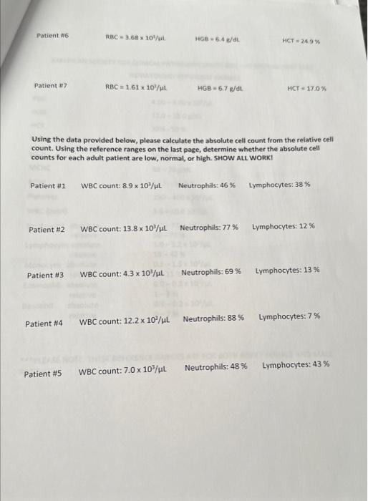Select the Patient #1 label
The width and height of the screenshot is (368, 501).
pyautogui.click(x=48, y=185)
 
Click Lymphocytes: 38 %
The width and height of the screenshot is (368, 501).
pyautogui.click(x=279, y=185)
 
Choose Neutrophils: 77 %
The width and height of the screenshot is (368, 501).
pyautogui.click(x=209, y=228)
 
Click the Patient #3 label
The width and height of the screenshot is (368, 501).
pyautogui.click(x=45, y=275)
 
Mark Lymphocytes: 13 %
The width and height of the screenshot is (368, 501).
pyautogui.click(x=287, y=271)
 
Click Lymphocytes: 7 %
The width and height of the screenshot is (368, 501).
pyautogui.click(x=289, y=316)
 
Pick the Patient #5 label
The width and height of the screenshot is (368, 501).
pyautogui.click(x=43, y=374)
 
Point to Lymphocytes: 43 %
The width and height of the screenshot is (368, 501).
pyautogui.click(x=296, y=365)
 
